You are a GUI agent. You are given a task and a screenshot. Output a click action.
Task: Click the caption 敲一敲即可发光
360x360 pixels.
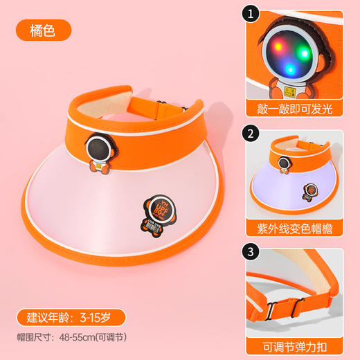coord(299,109)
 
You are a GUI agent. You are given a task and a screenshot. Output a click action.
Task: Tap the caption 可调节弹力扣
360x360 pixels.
coord(299,343)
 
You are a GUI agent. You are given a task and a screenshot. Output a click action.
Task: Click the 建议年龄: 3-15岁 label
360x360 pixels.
coord(72,318)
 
